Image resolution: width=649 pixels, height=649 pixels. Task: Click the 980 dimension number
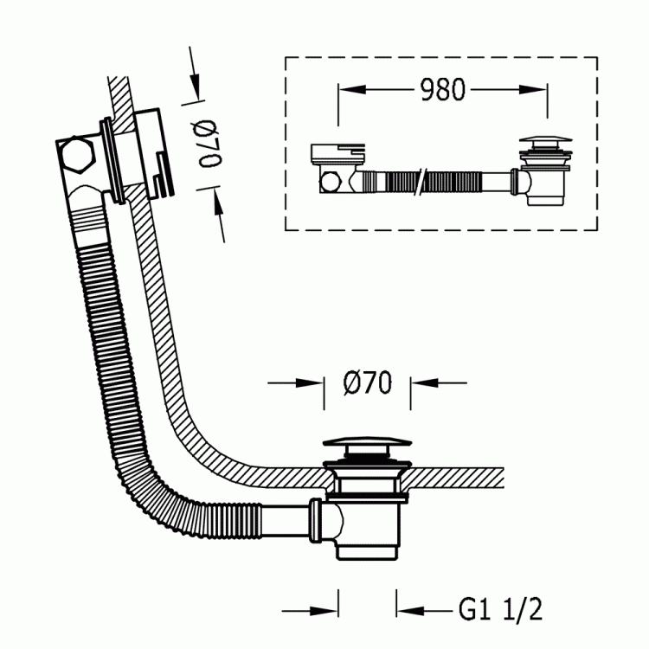coord(442,89)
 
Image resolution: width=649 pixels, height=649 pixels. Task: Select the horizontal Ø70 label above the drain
coord(367,382)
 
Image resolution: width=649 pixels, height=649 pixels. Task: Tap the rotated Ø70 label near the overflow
coord(209,144)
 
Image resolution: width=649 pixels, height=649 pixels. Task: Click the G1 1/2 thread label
coord(500,609)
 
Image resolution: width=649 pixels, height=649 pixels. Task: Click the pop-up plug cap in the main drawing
coord(367,443)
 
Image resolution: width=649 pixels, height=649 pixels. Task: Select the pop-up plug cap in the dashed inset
coord(545,141)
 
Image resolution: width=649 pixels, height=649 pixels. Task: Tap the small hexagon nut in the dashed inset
coord(330,182)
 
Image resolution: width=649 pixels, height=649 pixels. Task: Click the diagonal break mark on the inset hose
coord(421,182)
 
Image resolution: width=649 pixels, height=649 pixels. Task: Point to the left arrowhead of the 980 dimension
coord(352,89)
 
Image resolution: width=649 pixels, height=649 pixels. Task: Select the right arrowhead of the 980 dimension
coord(533,89)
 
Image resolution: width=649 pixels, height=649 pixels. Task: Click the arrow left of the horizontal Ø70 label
coord(295,382)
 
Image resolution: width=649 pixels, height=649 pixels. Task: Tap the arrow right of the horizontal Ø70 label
coord(439,382)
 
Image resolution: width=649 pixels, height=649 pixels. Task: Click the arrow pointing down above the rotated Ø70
coord(194,74)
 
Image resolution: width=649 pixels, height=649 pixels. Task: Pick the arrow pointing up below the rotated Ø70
coord(219,215)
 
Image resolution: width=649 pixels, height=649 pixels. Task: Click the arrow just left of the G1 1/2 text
coord(425,610)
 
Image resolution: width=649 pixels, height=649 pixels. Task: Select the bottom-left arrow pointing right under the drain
coord(310,610)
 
